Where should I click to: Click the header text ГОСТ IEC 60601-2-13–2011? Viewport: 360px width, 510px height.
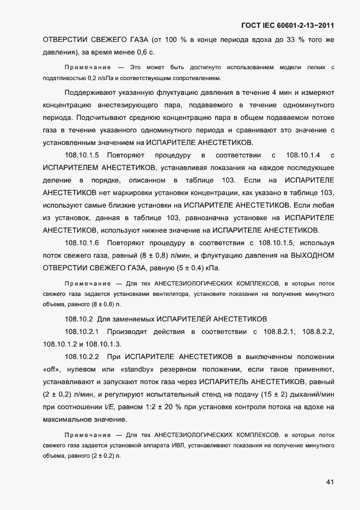click(287, 25)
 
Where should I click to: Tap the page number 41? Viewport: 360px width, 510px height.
click(330, 482)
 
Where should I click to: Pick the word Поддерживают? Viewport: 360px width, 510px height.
click(94, 92)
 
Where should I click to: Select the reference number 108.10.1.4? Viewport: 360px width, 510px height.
click(303, 154)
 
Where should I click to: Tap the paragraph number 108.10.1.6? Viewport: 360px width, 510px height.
click(82, 242)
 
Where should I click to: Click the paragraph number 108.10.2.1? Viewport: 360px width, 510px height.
click(82, 331)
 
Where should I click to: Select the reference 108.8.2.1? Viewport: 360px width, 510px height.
click(279, 331)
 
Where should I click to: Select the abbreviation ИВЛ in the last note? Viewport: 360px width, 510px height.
click(175, 446)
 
